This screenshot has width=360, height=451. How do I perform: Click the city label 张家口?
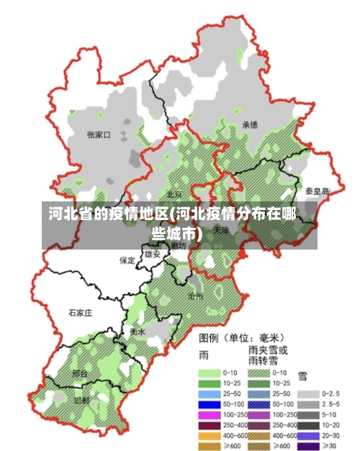pos(98,134)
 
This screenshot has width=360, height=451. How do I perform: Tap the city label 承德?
pos(250,124)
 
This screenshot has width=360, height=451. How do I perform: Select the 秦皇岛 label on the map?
pos(317,191)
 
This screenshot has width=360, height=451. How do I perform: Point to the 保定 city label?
pos(127,260)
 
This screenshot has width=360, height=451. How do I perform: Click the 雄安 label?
pos(152,254)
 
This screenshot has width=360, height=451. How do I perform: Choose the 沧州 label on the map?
pos(195,295)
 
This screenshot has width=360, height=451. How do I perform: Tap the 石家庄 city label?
pos(80,313)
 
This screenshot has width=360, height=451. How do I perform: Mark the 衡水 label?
pos(138,332)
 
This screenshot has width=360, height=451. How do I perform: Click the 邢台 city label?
pos(80,374)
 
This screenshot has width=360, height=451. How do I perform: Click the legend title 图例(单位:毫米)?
pos(241,337)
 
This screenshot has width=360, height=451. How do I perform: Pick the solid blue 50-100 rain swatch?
pos(210,405)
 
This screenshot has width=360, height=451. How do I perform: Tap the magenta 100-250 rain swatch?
pos(210,415)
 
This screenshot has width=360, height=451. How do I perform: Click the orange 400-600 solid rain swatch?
pos(210,436)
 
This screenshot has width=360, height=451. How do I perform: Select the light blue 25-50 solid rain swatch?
pos(210,394)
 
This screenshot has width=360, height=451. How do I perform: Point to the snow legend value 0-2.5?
pos(331,393)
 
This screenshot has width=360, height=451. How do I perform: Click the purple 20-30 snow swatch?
pos(308,436)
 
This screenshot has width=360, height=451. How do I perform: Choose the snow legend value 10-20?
pos(331,425)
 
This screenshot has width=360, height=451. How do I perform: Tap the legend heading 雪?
pos(302,375)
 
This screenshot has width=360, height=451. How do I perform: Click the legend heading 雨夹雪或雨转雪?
pos(268,354)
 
